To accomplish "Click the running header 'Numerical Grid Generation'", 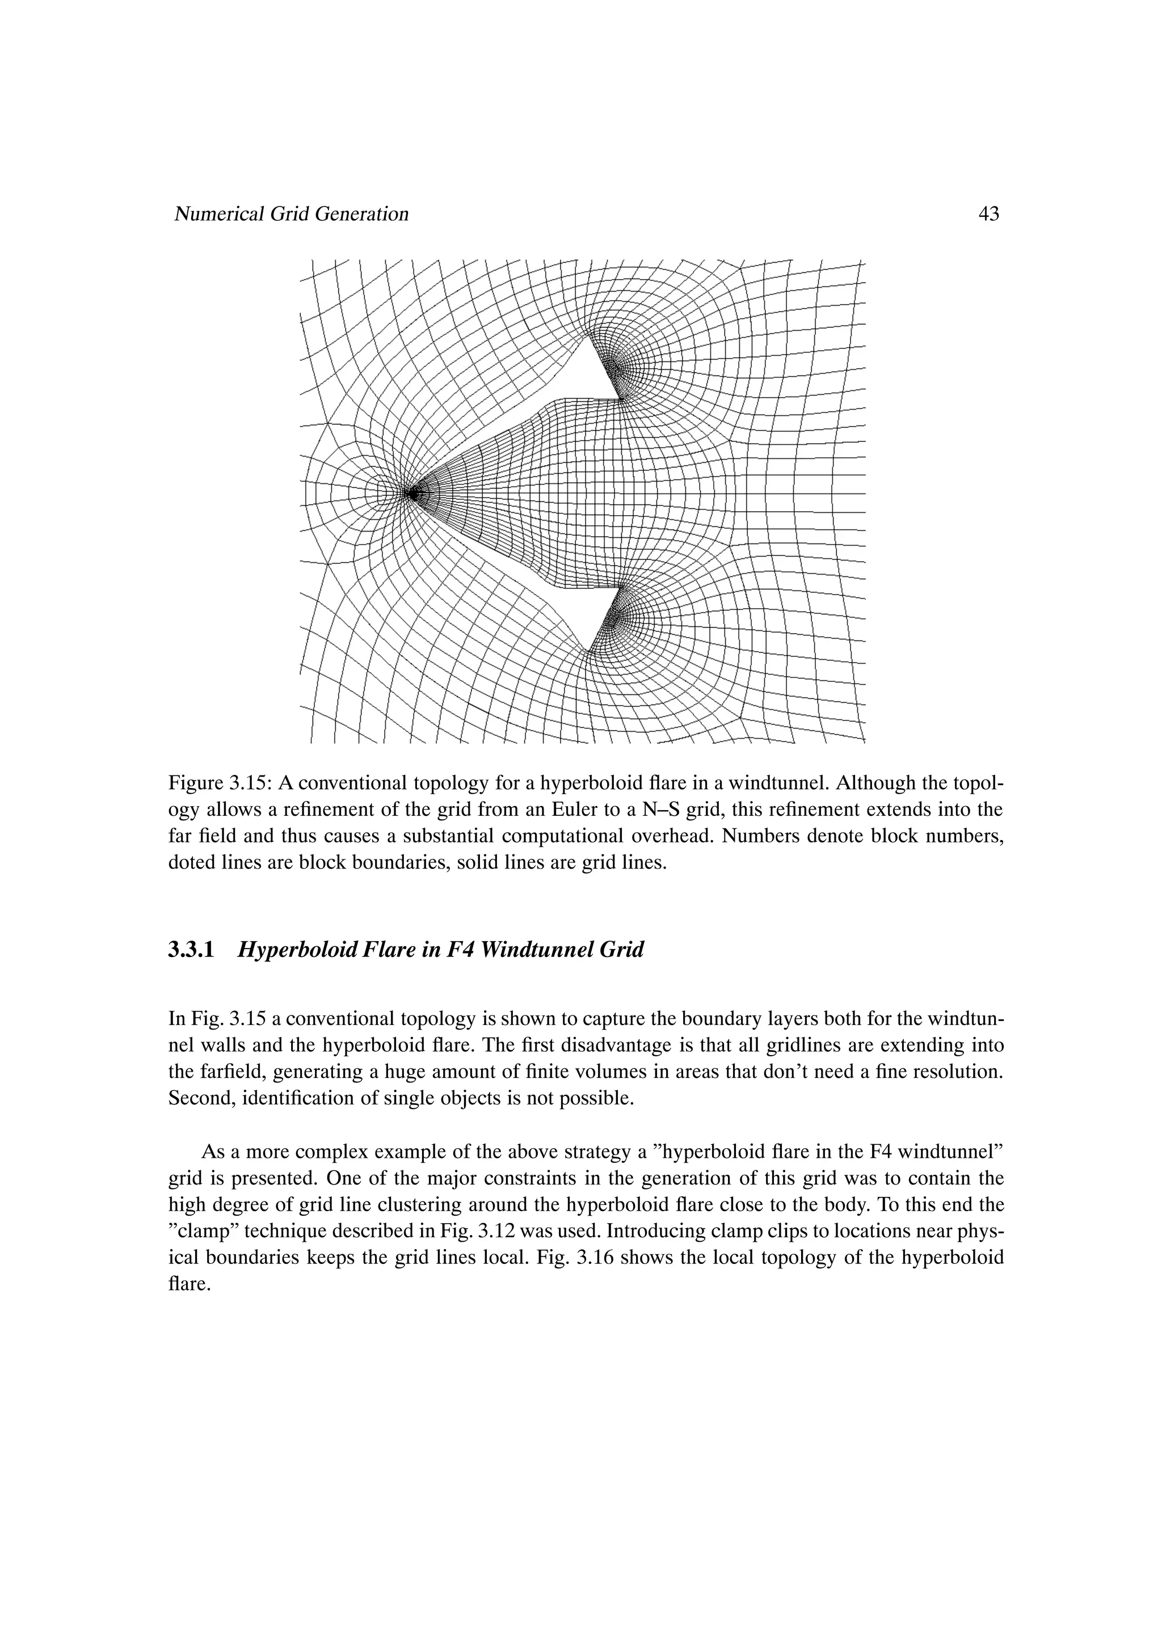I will pyautogui.click(x=292, y=214).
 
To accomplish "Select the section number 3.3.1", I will pyautogui.click(x=191, y=950).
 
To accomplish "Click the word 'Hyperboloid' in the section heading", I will pyautogui.click(x=298, y=950).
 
